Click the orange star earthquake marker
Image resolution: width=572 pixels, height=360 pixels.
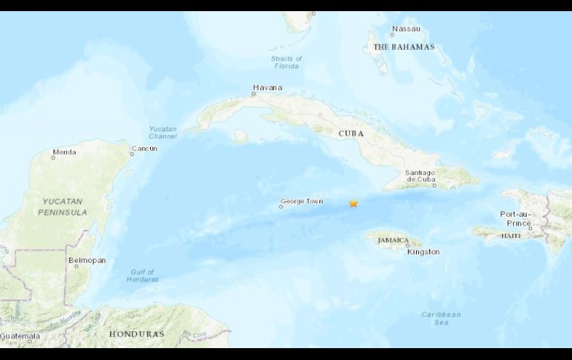tap(354, 203)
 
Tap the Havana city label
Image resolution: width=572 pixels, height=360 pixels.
tap(267, 88)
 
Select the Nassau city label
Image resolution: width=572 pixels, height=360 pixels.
tap(406, 29)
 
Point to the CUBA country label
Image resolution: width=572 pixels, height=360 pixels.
tap(351, 134)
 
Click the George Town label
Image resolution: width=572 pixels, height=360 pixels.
tap(302, 201)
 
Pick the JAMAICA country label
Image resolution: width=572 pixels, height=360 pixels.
tap(393, 240)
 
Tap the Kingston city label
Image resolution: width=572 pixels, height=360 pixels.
tap(423, 252)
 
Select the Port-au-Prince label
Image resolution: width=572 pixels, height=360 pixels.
tap(516, 218)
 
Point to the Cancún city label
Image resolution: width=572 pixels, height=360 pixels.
tap(144, 148)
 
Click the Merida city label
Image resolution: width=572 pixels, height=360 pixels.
tap(64, 152)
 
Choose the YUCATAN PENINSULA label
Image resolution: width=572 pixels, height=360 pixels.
tap(63, 207)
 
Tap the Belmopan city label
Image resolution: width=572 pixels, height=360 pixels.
tap(87, 261)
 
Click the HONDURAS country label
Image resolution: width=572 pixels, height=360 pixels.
tap(136, 334)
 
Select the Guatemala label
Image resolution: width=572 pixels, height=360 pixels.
tap(19, 336)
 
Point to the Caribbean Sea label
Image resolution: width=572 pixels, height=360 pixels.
tap(441, 318)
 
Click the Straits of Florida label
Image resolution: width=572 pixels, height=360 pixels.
tap(287, 62)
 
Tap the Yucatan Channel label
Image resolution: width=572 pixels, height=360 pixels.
tap(163, 132)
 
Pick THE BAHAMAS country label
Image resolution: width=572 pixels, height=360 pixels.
tap(403, 47)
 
